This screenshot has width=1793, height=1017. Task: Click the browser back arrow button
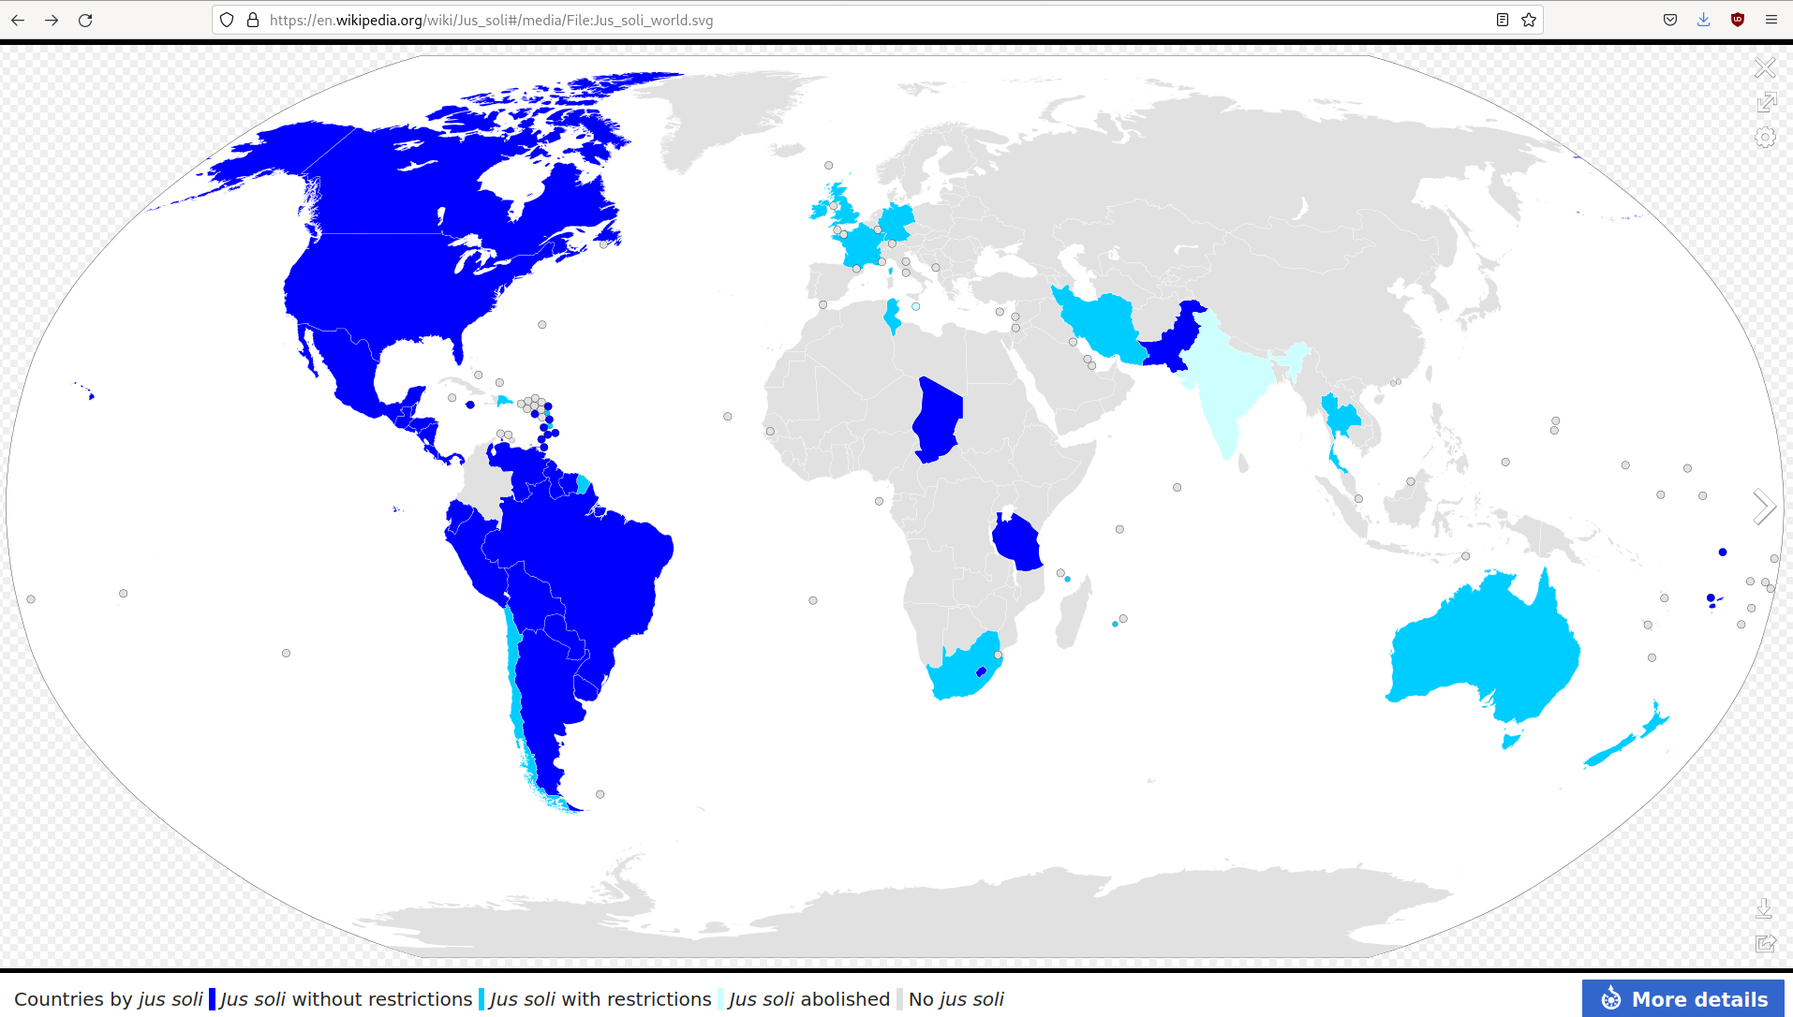click(x=18, y=20)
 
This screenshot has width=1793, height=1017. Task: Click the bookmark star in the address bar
click(x=1529, y=20)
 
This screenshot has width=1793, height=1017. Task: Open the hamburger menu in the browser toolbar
click(x=1771, y=20)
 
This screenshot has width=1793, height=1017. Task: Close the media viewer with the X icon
click(x=1765, y=68)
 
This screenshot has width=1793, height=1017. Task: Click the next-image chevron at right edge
click(x=1764, y=507)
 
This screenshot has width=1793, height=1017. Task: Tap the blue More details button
click(x=1682, y=998)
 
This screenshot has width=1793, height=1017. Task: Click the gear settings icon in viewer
click(x=1765, y=138)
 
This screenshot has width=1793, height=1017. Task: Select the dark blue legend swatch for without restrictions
click(x=213, y=999)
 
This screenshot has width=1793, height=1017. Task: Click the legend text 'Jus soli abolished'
click(x=808, y=999)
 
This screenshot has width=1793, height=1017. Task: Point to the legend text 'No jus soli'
click(x=956, y=999)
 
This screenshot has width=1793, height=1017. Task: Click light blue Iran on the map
click(x=1101, y=323)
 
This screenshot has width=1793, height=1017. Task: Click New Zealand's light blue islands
click(x=1625, y=740)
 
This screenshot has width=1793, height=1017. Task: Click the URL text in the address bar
click(x=491, y=20)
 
